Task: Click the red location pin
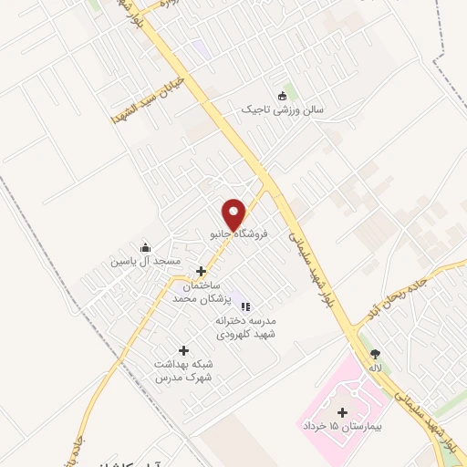pos(234,214)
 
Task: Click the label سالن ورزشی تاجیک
pos(283,109)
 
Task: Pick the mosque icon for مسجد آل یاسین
pos(145,247)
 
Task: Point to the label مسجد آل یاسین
pos(146,261)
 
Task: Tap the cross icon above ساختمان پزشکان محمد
pos(201,271)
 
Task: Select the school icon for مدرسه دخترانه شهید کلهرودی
pos(245,306)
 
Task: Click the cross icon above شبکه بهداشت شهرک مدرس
pos(183,350)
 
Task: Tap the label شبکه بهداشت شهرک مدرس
pos(183,369)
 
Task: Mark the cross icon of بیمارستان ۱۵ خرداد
pos(342,413)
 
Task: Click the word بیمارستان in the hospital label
pos(367,427)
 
